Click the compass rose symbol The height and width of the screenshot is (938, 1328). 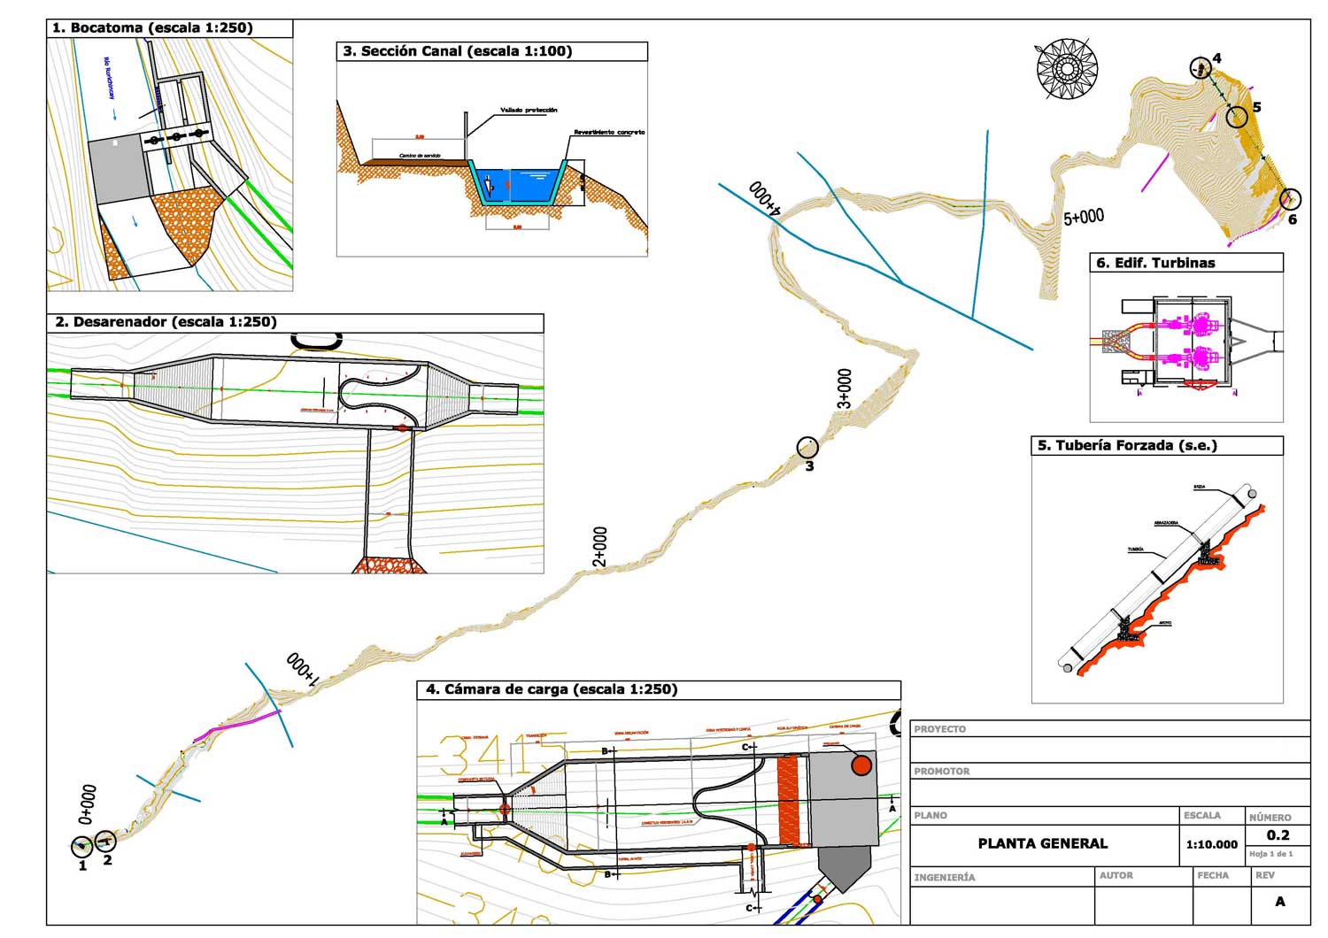[1067, 68]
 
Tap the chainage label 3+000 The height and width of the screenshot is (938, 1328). [845, 389]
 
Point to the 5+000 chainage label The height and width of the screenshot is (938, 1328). [1084, 217]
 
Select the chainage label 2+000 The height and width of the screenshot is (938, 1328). [600, 547]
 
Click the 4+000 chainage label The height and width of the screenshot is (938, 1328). [764, 199]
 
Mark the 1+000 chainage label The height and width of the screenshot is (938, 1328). [302, 669]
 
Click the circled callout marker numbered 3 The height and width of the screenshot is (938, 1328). [807, 448]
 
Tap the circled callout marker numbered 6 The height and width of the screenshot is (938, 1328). [1290, 200]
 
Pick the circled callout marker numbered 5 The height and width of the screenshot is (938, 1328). [1237, 116]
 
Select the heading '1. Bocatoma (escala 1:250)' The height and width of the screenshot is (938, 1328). [153, 28]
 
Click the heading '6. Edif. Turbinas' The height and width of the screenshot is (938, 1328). [1155, 263]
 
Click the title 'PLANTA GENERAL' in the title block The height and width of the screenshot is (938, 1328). [1042, 843]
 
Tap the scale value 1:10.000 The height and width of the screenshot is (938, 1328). [1211, 844]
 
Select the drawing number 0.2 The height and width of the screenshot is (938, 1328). [1278, 834]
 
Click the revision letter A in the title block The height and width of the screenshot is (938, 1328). [1280, 902]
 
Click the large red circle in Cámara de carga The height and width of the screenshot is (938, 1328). [861, 765]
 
